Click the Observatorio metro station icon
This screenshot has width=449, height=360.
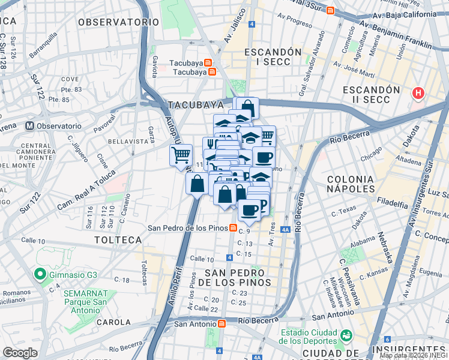coord(29,126)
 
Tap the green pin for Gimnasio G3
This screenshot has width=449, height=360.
coord(40,275)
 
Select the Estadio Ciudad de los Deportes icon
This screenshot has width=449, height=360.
coord(346,334)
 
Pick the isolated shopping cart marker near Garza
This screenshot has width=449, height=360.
coord(181,156)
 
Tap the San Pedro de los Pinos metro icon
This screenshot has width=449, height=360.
coord(241,227)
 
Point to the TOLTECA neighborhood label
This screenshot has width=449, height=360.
coord(118,240)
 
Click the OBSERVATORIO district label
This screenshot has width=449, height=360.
coord(118,22)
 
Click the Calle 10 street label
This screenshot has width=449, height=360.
coord(202,259)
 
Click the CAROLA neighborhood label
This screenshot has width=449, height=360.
coord(113,322)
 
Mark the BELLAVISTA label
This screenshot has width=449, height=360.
coord(128,142)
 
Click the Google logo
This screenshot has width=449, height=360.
coord(20,353)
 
